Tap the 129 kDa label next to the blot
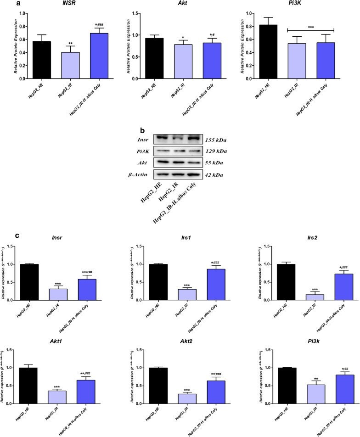217,151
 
